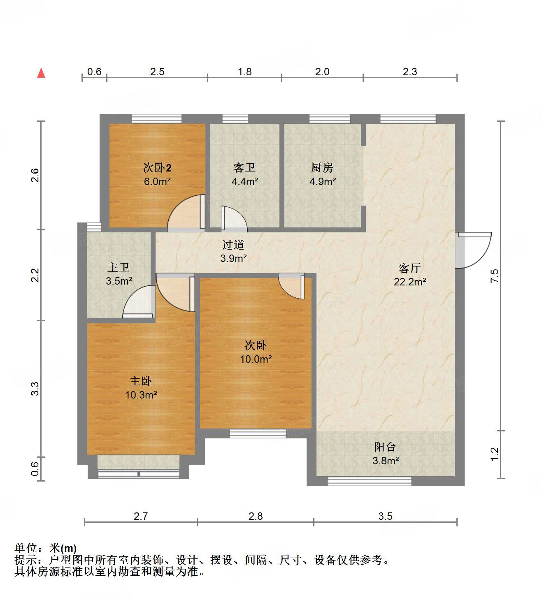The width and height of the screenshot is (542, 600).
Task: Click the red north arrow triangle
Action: (41, 73)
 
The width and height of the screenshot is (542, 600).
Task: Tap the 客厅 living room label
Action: (409, 269)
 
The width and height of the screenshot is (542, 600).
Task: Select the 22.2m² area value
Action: (409, 282)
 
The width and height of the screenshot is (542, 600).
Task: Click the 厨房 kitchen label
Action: (322, 168)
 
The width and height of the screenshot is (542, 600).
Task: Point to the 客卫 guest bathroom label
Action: (244, 168)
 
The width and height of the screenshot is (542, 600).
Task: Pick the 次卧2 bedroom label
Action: (157, 168)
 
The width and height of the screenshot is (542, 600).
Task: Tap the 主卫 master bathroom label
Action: (119, 268)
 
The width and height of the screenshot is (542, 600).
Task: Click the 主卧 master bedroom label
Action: (141, 381)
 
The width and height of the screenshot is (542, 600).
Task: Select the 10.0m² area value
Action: (256, 359)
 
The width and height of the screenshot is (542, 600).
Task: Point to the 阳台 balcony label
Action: (385, 447)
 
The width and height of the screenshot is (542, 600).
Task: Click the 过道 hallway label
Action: (233, 245)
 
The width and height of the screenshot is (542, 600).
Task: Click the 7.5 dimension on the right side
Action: (495, 276)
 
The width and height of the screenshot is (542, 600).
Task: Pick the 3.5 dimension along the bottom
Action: (385, 516)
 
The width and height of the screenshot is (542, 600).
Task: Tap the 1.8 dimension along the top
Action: (244, 72)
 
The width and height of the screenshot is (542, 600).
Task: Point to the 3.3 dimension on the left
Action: (36, 389)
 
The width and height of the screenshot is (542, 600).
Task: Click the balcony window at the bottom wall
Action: (369, 481)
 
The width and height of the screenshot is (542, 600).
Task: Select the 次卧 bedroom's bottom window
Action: (258, 433)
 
